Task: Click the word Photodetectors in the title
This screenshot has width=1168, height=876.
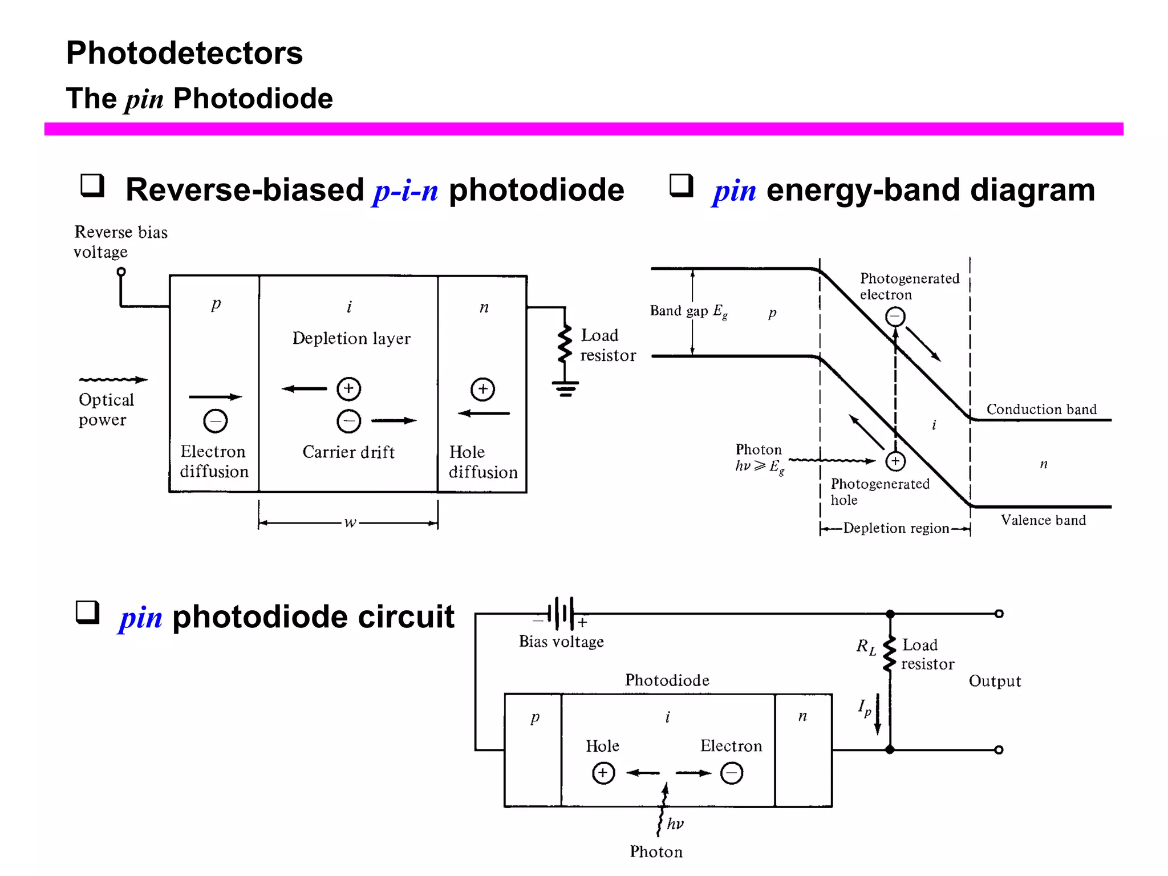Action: [184, 53]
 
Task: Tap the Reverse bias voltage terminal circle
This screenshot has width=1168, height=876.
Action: [121, 272]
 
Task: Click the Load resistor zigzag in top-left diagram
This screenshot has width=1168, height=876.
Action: [565, 344]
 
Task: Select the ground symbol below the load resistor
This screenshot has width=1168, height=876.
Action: [565, 388]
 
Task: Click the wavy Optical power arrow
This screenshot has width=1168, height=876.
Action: [113, 379]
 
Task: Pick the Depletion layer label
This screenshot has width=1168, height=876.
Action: [351, 338]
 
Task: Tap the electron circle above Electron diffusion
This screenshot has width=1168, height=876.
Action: [215, 421]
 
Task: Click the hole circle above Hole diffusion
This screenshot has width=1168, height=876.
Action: [482, 389]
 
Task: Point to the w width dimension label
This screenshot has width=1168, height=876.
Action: [350, 522]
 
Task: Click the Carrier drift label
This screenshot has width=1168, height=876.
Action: [348, 452]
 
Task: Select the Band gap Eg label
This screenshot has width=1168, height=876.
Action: [688, 311]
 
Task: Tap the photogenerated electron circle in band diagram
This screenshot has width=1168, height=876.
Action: [895, 316]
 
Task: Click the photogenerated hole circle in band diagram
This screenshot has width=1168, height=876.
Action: [895, 461]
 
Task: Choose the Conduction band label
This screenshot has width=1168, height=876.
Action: [1041, 409]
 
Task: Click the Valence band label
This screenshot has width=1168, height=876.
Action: [1043, 520]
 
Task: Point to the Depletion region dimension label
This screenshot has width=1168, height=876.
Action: [896, 528]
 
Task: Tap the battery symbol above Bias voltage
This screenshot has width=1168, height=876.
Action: [562, 614]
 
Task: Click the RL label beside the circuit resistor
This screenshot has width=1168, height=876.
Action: [866, 647]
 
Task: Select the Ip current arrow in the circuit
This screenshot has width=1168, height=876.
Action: [877, 714]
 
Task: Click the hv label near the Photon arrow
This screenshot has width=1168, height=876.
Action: [675, 824]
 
